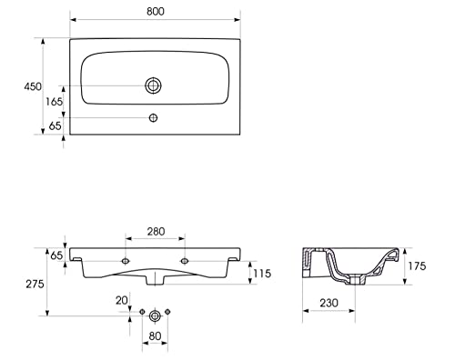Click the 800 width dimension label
156,11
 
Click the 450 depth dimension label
33,86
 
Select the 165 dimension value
54,102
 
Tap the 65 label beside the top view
55,125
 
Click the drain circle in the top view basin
153,85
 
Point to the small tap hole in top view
153,117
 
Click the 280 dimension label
156,232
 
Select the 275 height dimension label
35,284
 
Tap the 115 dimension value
262,274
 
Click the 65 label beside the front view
56,255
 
